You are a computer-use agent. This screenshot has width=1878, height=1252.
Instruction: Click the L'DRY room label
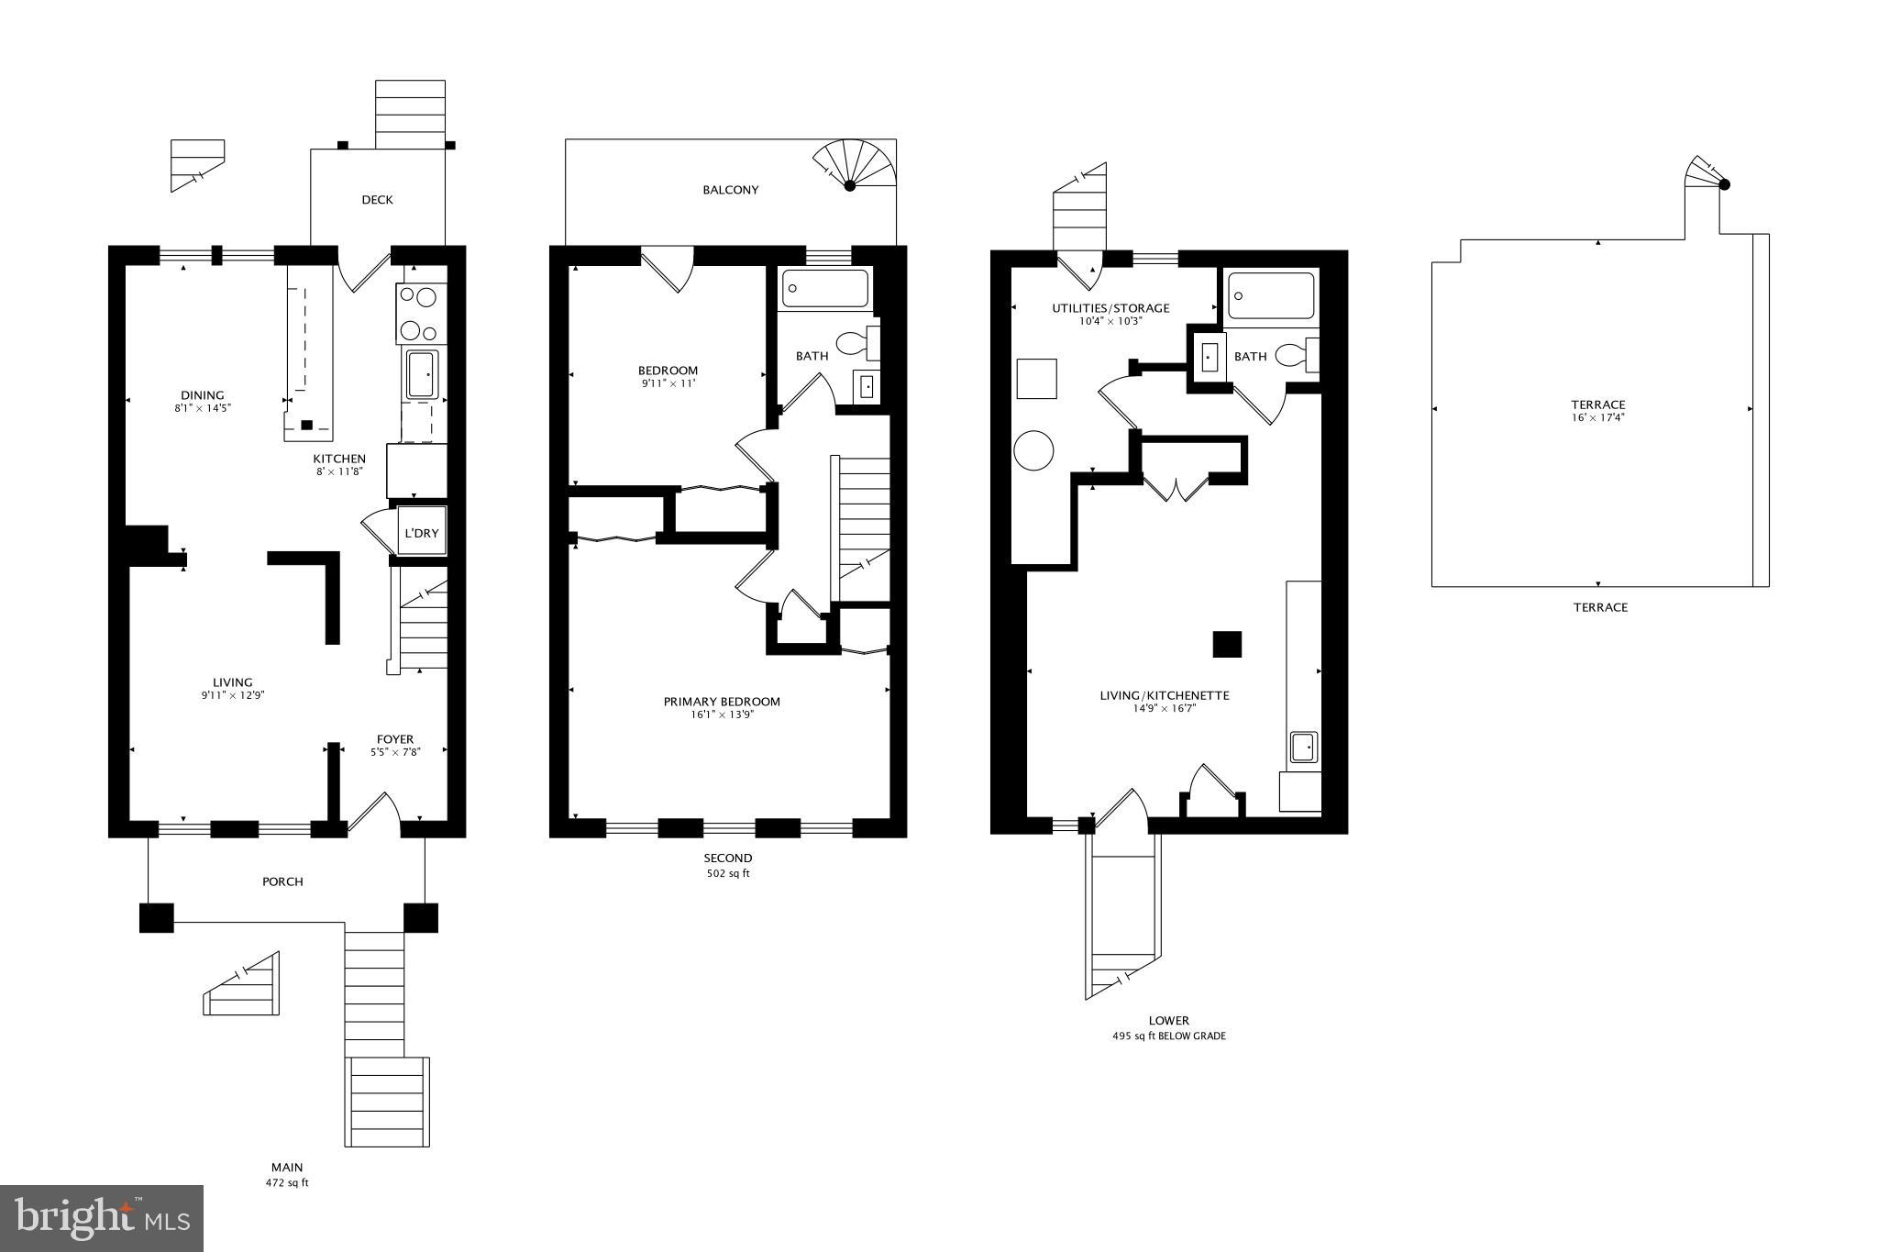click(x=422, y=533)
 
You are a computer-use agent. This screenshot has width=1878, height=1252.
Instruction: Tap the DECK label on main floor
click(x=377, y=200)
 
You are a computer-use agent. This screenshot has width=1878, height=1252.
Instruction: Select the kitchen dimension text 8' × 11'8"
click(x=339, y=471)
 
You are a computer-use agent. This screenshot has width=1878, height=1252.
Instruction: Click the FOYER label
click(x=395, y=739)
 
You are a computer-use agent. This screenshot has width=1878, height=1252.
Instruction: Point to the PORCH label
click(x=282, y=881)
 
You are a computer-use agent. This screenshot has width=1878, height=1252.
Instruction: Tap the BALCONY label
click(x=731, y=190)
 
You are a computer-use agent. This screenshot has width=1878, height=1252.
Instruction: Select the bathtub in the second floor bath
click(x=824, y=288)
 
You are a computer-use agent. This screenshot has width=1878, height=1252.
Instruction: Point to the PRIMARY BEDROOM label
click(x=722, y=702)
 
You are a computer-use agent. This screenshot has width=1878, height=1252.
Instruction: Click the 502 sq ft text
click(x=727, y=873)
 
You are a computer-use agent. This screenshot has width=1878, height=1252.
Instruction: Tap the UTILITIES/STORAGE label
click(x=1110, y=308)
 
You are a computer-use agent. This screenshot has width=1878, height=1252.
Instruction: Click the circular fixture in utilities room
click(x=1033, y=450)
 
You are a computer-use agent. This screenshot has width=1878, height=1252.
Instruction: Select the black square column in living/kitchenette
click(x=1227, y=644)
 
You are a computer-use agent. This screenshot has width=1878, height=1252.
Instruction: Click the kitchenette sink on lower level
click(x=1303, y=747)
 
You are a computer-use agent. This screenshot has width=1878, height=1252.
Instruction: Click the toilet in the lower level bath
click(x=1295, y=354)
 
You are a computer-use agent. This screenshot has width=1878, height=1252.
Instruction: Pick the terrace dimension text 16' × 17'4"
click(x=1597, y=417)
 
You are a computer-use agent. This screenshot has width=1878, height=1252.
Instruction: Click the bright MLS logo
click(x=102, y=1218)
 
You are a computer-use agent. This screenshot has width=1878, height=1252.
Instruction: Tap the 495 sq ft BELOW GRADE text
click(x=1168, y=1036)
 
